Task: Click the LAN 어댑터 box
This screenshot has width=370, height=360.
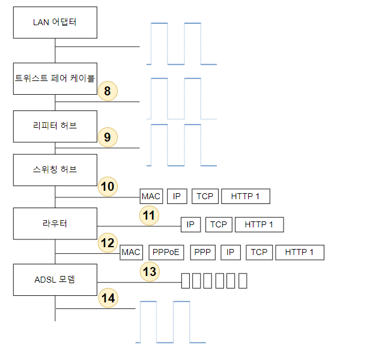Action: (x=55, y=22)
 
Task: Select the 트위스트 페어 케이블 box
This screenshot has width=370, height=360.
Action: (x=55, y=77)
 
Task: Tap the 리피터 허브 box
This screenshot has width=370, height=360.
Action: (x=55, y=126)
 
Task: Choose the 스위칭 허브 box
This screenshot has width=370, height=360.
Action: (x=55, y=169)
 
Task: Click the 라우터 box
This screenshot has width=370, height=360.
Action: (x=55, y=224)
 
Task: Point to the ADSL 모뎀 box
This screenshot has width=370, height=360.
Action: (x=55, y=279)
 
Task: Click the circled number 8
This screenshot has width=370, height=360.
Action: (x=108, y=91)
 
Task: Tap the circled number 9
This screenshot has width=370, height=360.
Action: (x=108, y=137)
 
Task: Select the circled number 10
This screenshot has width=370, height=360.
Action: (x=108, y=187)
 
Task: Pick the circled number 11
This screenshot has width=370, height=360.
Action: (x=149, y=215)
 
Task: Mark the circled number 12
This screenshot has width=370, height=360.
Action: (x=108, y=243)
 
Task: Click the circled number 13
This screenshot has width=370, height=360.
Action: (x=150, y=271)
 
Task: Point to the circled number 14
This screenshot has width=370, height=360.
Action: (x=108, y=298)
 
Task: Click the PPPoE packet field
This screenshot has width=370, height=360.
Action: (x=166, y=252)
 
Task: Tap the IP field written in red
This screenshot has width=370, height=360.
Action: (x=231, y=252)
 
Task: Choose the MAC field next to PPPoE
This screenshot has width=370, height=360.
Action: (x=131, y=252)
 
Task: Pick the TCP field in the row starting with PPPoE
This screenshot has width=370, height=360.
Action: (x=259, y=252)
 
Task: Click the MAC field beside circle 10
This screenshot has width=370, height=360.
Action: (x=151, y=196)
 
